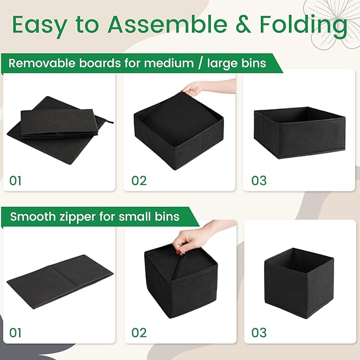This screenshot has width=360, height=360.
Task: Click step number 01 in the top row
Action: pos(16,180)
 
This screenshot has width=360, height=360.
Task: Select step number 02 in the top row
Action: pos(139,180)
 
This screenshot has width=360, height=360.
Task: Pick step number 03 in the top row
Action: pos(259,180)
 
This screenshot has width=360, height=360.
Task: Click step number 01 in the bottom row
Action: pos(16,333)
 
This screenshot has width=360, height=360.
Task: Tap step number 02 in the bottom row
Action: pos(139,333)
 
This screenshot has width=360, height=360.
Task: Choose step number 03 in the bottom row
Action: pos(259,333)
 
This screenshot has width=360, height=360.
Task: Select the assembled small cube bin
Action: pos(298,281)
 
